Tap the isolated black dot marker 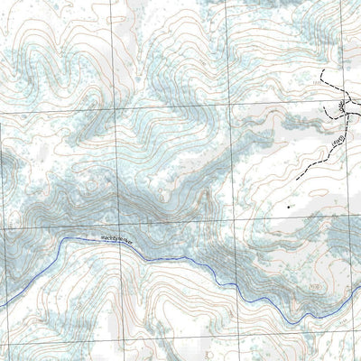coord(288,207)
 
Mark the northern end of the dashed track coord(322,70)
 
